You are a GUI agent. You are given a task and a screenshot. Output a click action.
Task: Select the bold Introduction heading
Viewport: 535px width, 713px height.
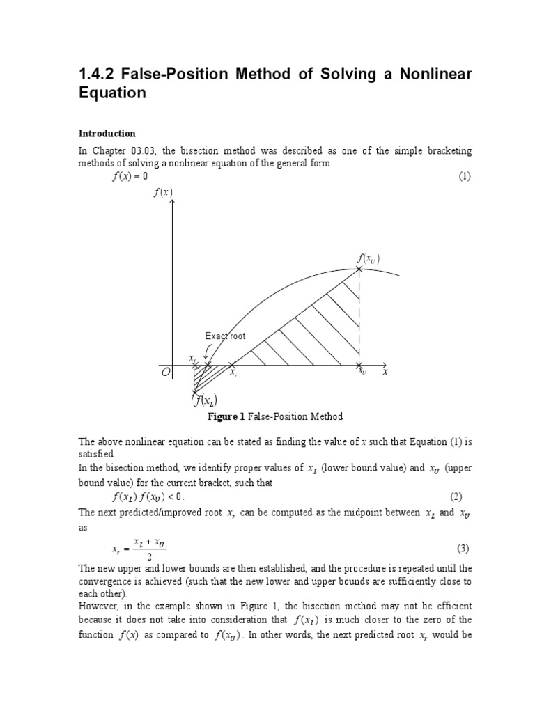coord(107,134)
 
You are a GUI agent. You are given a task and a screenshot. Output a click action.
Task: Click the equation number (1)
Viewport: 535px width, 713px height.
coord(465,176)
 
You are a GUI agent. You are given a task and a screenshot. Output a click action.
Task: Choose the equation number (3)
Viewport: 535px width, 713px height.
coord(464,548)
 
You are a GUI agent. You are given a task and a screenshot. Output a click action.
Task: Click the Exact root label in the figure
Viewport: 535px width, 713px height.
coord(225,336)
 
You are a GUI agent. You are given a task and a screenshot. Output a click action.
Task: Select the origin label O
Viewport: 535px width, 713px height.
coord(165,373)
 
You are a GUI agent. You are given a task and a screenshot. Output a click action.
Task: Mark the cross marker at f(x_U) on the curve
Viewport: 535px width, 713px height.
coord(359,269)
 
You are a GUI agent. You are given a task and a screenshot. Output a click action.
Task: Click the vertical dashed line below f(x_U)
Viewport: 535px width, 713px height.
coord(359,317)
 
